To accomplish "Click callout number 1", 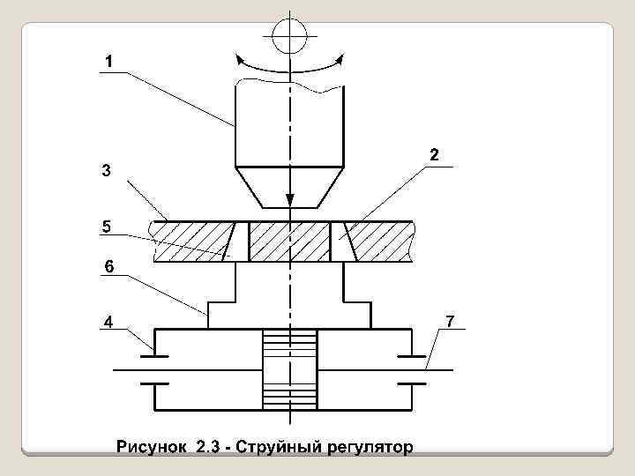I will pos(107,62).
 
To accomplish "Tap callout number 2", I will pos(435,155).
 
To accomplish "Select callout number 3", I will pos(106,171).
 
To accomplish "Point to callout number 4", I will pos(107,322).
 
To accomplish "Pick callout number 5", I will pos(106,227).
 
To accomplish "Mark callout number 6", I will pos(108,265).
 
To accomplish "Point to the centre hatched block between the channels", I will pos(288,241).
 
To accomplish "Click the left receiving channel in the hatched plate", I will pos(236,241).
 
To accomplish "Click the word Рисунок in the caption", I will pos(151,448).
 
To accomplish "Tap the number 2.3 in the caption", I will pos(209,448).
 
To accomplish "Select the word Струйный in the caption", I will pos(287,448).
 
